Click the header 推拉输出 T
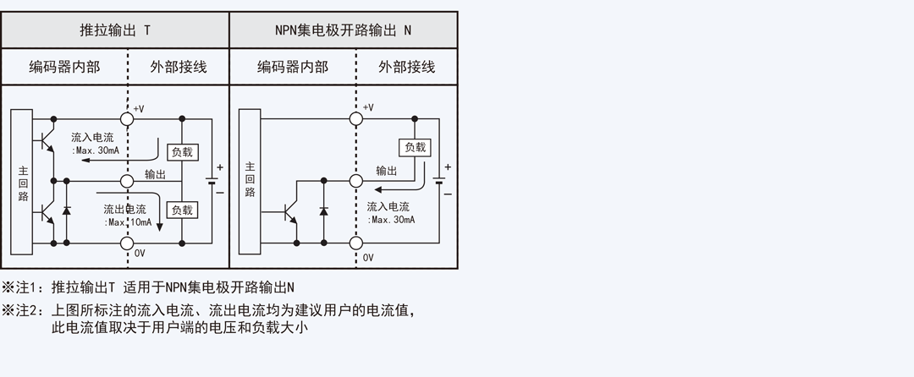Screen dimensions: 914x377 coord(115,30)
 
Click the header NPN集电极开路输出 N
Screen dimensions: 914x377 coord(343,30)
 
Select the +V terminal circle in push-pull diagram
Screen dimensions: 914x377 coord(127,118)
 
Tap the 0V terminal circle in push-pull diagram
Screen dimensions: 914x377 coord(127,243)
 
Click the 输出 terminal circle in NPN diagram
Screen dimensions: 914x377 coord(356,181)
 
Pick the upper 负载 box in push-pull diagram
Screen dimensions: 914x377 coord(183,152)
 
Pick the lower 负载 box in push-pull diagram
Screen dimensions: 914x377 coord(183,210)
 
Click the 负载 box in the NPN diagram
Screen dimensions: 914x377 coord(415,147)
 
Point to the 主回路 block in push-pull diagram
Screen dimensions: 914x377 coord(21,182)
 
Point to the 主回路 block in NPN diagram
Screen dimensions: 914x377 coord(250,181)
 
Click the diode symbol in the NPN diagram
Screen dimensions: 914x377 coord(323,211)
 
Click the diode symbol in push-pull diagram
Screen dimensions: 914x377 coord(67,210)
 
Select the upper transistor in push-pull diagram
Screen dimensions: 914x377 coord(47,139)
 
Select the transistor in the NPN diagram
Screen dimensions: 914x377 coord(289,212)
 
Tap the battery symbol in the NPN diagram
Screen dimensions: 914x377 coord(439,180)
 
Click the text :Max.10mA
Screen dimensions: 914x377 coord(128,223)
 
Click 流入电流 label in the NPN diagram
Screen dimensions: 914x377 coord(388,206)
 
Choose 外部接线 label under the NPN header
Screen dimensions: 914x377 coord(407,67)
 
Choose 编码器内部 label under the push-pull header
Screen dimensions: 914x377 coord(64,67)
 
